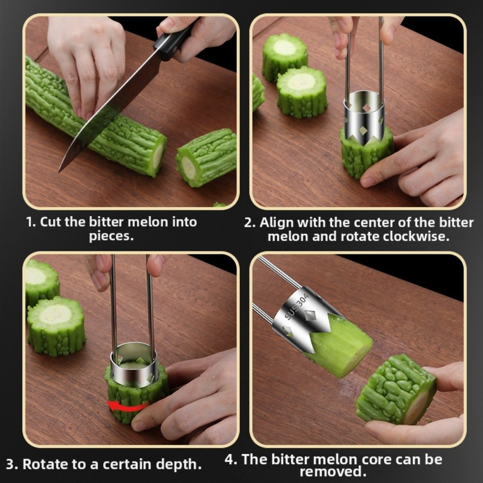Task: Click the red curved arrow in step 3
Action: pos(126,406)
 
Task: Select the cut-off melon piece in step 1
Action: pos(207,157)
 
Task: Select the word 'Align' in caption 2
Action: pos(276,222)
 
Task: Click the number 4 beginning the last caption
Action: pos(231,459)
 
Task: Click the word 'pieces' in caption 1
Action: pos(110,236)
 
